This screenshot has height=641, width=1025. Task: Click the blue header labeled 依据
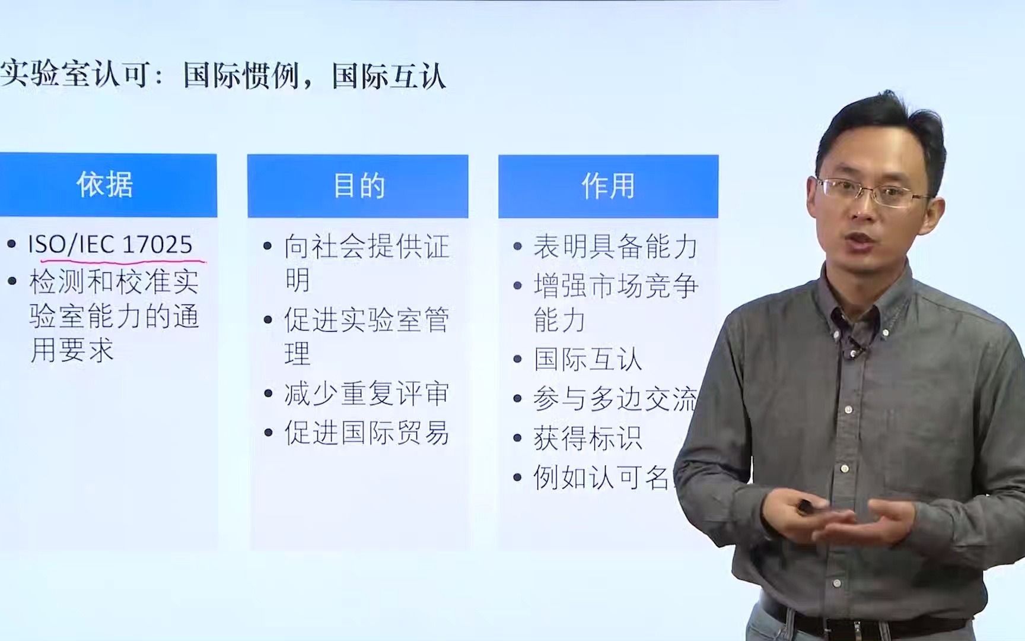[106, 185]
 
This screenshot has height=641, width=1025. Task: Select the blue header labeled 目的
[358, 186]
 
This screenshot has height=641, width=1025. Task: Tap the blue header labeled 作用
[608, 186]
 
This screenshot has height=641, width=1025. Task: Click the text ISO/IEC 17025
[110, 245]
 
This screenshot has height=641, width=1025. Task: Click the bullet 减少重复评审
[366, 394]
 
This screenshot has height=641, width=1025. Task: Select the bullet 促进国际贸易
[366, 433]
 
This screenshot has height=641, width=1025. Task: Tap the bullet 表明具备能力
[615, 247]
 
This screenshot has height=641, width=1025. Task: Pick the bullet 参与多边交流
[615, 399]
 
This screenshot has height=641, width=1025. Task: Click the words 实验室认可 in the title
[74, 76]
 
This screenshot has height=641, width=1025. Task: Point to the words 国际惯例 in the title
[240, 76]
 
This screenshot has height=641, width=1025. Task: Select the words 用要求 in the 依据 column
[72, 350]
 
